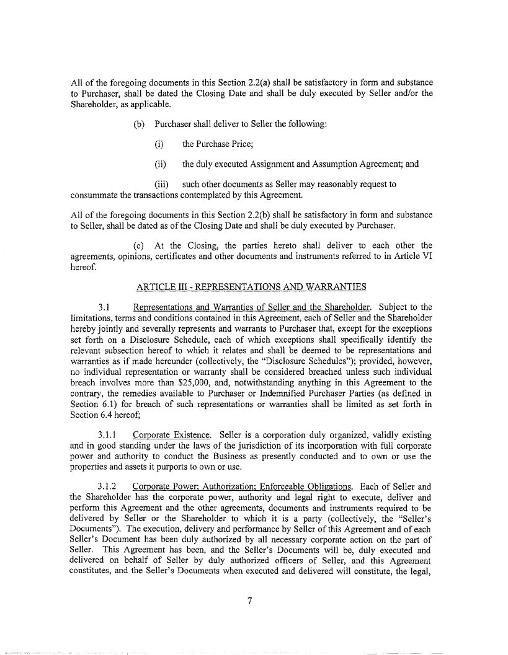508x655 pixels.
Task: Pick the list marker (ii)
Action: (160, 164)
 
